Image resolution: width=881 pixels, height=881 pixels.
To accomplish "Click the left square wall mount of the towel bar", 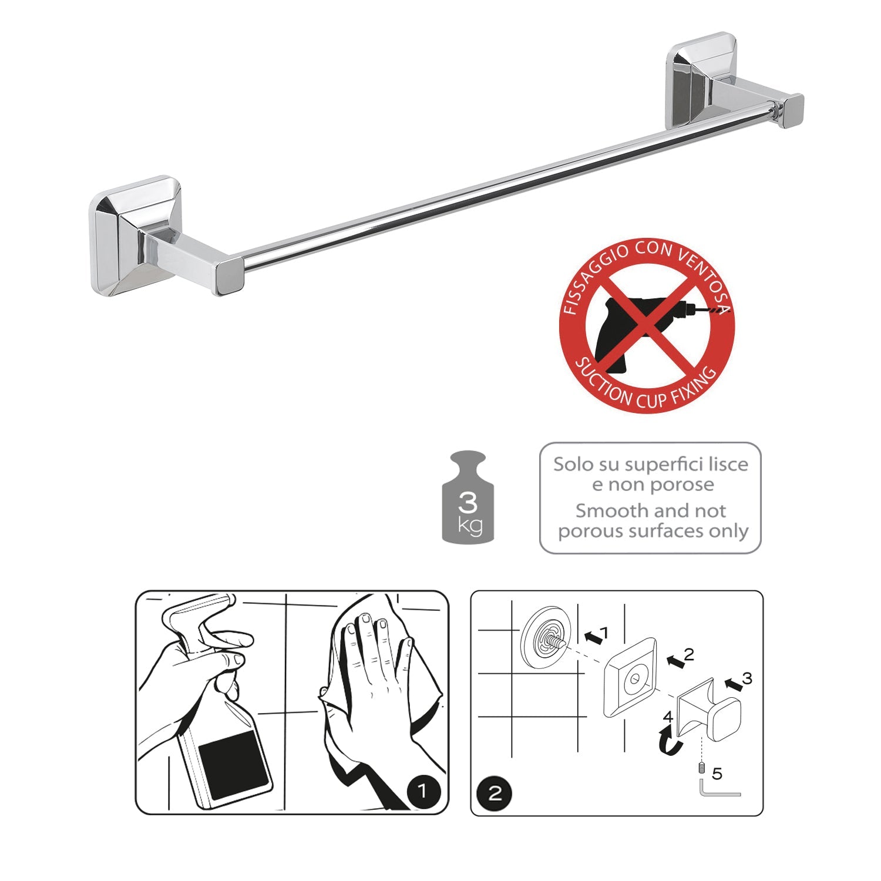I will [135, 235].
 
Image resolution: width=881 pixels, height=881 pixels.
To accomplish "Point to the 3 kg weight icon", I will [468, 498].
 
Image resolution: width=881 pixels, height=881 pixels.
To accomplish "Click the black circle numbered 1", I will [422, 791].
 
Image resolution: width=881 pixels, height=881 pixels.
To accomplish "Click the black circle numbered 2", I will [495, 793].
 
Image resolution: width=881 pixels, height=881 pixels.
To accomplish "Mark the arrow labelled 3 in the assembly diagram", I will [733, 684].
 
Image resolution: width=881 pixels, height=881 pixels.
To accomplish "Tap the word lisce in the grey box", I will [728, 465].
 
